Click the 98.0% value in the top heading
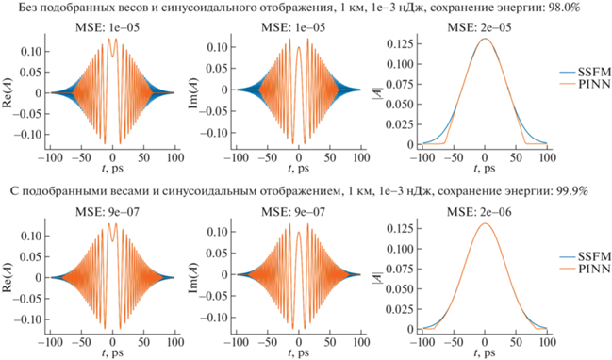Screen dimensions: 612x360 pos(565,7)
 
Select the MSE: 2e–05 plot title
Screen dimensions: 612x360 pos(479,27)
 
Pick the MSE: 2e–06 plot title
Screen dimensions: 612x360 pos(479,212)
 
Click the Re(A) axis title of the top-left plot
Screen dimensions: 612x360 pos(8,93)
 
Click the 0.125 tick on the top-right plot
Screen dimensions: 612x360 pos(400,43)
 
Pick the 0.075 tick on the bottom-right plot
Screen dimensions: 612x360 pos(400,269)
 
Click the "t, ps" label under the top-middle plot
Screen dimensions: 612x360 pos(299,168)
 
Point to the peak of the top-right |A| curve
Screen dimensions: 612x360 pos(485,39)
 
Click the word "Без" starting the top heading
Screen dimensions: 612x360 pos(27,7)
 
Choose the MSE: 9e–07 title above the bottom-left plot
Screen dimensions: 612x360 pos(108,212)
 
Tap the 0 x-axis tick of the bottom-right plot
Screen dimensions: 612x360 pos(485,342)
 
